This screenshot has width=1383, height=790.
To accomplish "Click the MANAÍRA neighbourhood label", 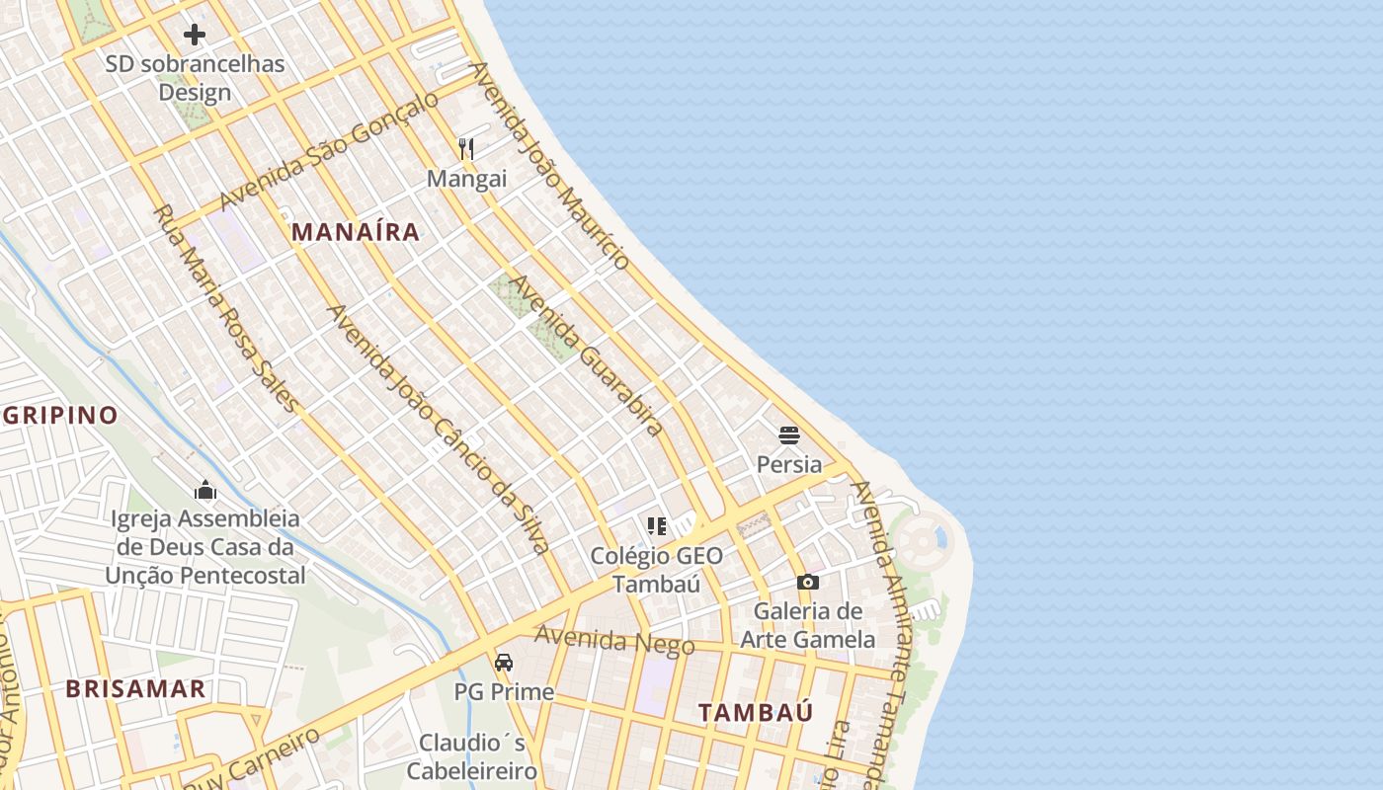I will point(356,233).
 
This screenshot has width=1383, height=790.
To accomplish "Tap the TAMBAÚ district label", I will point(756,712).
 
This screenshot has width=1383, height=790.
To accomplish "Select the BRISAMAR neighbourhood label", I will point(136,689).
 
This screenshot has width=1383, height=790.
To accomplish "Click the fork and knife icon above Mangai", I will point(466,149).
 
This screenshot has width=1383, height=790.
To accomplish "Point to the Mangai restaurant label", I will point(466,179).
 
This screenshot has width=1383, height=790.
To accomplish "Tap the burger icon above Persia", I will point(788,434).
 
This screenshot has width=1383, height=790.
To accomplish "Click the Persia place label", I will point(788,464).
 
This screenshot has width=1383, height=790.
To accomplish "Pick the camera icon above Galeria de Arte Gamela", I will point(808,583).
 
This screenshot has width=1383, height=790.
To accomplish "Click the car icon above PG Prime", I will point(504,662).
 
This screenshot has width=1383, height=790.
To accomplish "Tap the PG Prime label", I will point(504,691).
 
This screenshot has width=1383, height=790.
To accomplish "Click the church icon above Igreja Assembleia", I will point(205,490).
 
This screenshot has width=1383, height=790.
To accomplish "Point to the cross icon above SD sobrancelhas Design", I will point(195,36).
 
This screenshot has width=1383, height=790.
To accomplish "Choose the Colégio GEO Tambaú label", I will point(657,569).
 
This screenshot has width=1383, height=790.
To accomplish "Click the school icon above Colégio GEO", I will point(657,526).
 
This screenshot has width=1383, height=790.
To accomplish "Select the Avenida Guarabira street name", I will point(583,355).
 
